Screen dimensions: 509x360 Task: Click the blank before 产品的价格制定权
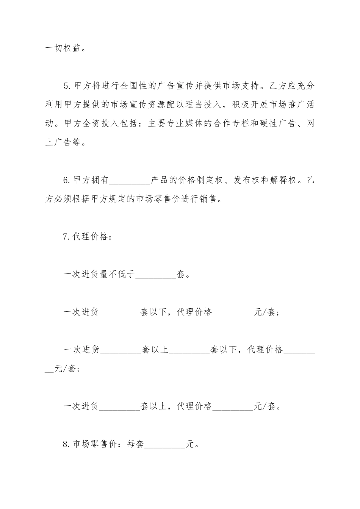(130, 181)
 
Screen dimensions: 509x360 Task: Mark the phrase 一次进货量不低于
(99, 275)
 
